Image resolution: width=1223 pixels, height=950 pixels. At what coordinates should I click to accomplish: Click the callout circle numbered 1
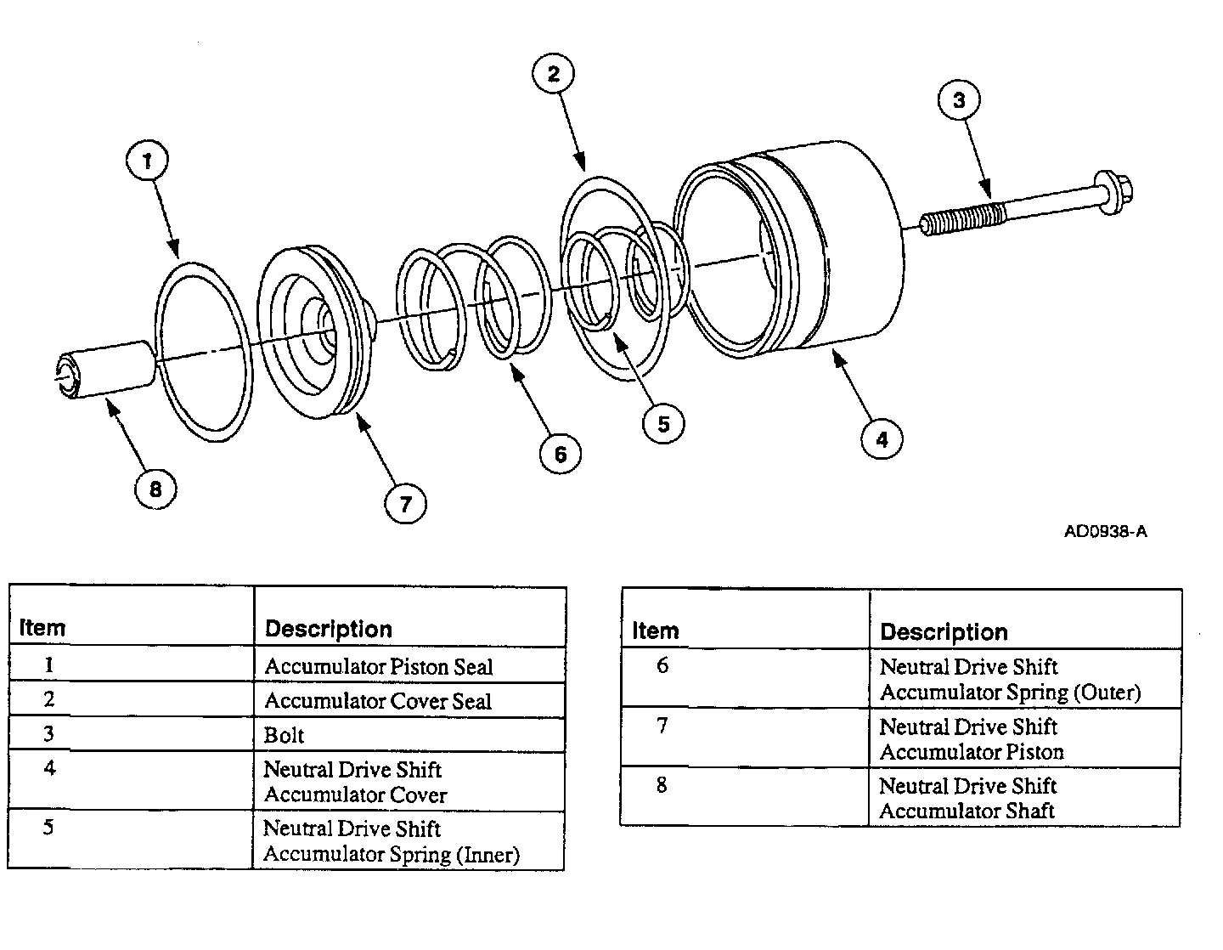[148, 161]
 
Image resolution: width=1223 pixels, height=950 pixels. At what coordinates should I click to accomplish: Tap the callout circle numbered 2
[553, 75]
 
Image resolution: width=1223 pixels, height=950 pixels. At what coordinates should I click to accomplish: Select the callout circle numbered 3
[959, 100]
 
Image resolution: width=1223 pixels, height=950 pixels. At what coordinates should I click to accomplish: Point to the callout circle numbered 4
[882, 439]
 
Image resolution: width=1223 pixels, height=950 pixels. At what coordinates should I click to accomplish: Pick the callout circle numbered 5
[663, 423]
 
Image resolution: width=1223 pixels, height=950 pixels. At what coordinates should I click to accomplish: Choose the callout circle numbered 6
[560, 454]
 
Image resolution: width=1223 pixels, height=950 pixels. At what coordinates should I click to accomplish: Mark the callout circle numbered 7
[405, 504]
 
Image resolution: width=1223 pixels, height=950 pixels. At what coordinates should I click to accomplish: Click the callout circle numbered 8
[155, 489]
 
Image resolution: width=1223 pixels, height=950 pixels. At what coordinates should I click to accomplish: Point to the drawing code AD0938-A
[1106, 532]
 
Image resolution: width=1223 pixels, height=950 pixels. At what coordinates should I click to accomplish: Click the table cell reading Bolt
[285, 735]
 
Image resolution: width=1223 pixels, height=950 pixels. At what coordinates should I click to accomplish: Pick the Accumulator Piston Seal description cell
[379, 667]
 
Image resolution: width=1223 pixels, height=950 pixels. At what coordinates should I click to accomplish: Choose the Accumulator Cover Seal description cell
[378, 701]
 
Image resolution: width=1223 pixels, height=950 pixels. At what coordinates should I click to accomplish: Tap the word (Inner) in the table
[488, 855]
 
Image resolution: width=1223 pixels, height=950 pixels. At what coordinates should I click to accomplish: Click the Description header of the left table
[329, 630]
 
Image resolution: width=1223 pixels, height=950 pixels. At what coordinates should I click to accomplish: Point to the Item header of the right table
[656, 631]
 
